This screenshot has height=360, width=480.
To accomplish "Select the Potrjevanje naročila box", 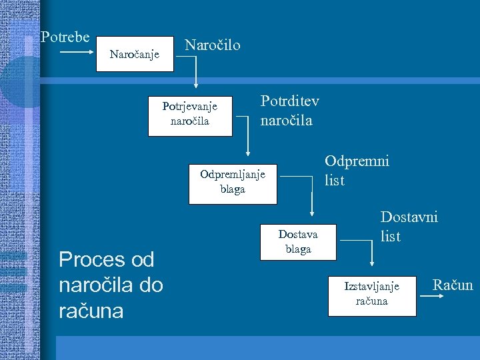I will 190,114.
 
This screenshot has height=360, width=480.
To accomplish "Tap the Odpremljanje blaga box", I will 232,181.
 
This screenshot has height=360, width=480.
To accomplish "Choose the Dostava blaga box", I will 298,241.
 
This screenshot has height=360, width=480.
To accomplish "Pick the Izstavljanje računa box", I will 371,293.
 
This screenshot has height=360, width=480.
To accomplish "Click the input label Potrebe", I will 65,37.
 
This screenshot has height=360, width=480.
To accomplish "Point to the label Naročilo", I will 212,45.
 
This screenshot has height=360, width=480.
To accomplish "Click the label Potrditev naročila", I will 289,111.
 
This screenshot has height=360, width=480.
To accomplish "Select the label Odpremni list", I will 356,170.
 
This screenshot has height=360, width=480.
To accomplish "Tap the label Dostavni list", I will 409,226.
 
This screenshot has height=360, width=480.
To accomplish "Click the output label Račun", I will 453,285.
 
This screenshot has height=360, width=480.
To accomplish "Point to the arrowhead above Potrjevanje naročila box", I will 195,85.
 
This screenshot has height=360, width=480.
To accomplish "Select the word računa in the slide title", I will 91,311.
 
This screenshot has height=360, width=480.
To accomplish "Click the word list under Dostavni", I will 391,236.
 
